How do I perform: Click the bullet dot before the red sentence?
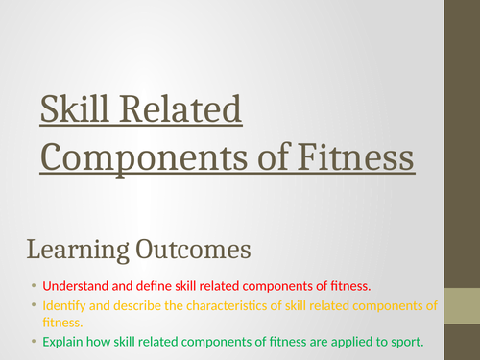[x=32, y=286]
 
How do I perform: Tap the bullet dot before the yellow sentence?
[x=32, y=306]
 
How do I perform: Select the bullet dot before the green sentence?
[x=32, y=343]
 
